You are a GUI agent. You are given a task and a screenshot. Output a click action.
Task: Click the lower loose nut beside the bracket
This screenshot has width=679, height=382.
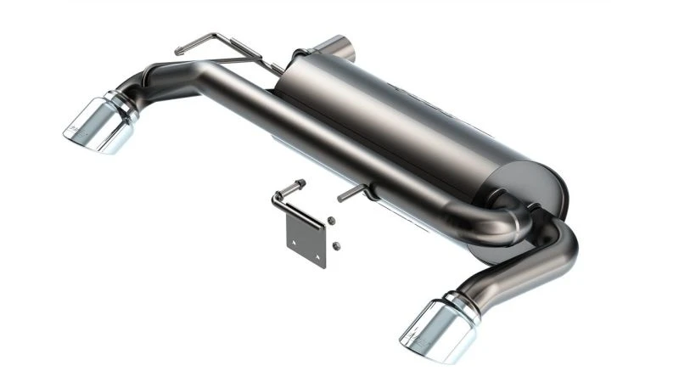click(336, 245)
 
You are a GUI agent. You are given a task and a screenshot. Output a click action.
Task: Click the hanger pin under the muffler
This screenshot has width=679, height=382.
click(352, 194)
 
